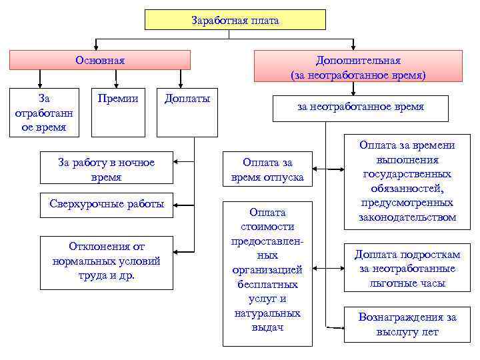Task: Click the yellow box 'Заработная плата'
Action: click(235, 20)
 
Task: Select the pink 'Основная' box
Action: click(100, 61)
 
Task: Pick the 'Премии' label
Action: click(117, 99)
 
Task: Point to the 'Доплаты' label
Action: click(187, 99)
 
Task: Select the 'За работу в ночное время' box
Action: click(107, 169)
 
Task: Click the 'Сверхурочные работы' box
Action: click(107, 204)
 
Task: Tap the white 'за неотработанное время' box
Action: click(361, 107)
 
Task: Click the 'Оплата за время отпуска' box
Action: click(267, 169)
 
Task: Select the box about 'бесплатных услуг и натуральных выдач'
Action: click(267, 273)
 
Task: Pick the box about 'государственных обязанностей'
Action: click(407, 181)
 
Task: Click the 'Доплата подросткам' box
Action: click(407, 268)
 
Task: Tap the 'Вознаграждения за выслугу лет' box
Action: click(407, 325)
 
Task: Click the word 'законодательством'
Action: click(407, 217)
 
